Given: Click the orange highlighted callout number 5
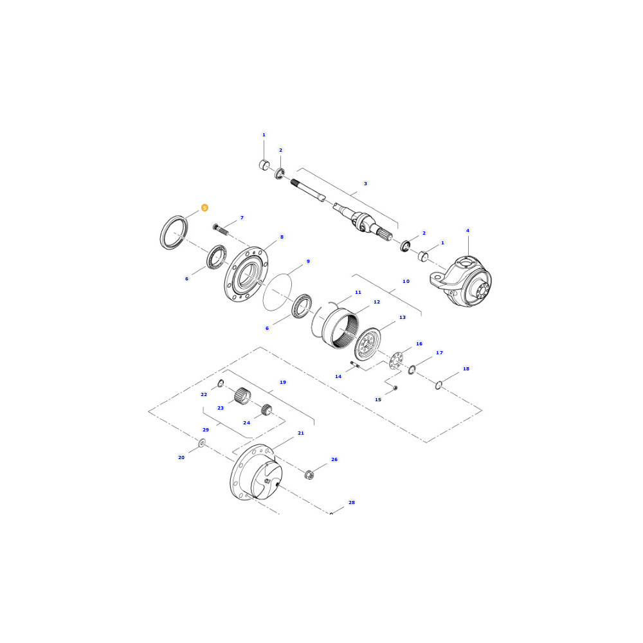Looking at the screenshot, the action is [x=204, y=208].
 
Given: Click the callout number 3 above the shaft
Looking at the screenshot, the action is [x=365, y=184].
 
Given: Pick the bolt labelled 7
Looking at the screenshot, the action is [x=220, y=230].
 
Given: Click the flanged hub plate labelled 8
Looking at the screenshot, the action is [x=246, y=275].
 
